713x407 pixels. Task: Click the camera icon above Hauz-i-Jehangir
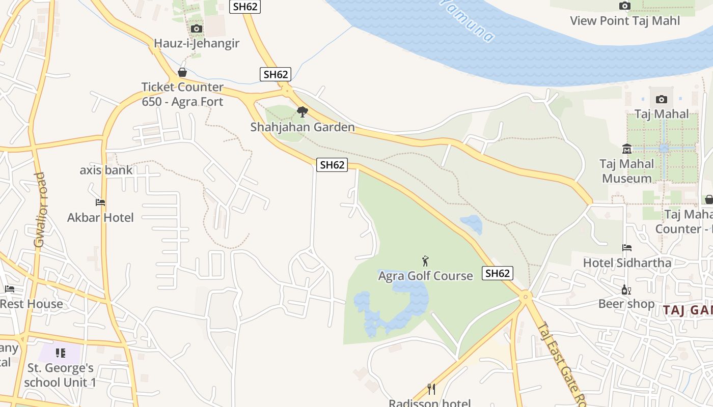[197, 29]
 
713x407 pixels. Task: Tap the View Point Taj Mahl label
[625, 21]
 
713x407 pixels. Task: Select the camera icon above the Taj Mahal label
[662, 99]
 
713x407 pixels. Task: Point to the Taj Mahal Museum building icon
[627, 149]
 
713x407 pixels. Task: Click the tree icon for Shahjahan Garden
[303, 112]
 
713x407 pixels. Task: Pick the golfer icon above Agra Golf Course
[426, 261]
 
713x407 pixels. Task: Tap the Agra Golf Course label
[426, 276]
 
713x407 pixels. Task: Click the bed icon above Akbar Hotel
[100, 202]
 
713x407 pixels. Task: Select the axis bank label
[106, 170]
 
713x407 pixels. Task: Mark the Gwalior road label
[40, 210]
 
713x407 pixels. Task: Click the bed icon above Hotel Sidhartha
[627, 248]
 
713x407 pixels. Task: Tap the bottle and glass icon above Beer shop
[626, 290]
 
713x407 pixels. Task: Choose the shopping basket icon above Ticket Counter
[182, 73]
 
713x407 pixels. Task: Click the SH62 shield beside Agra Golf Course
[498, 273]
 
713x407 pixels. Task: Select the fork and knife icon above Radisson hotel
[431, 389]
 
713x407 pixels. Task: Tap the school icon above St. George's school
[61, 353]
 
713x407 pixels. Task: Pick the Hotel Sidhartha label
[627, 263]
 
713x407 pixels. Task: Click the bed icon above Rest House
[10, 289]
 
